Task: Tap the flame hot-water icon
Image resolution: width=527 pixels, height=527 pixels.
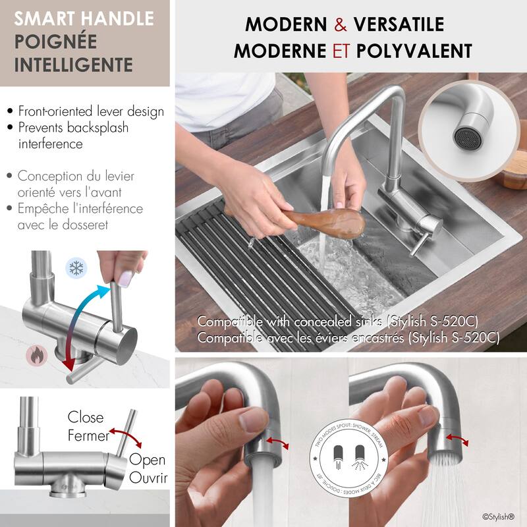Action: click(36, 356)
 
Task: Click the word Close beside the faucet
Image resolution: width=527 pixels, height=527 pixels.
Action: click(86, 417)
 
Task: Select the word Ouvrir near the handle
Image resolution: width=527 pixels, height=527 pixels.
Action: click(147, 476)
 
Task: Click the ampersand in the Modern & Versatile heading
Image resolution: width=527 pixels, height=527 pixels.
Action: click(341, 25)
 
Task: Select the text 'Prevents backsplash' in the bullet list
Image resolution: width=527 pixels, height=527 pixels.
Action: click(73, 127)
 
